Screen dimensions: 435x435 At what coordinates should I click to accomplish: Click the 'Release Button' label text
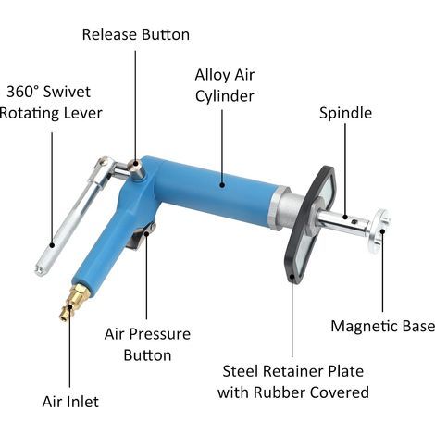[136, 34]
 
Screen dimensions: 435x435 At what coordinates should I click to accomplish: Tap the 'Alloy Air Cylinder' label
[225, 85]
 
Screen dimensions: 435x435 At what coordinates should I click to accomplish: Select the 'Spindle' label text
[345, 113]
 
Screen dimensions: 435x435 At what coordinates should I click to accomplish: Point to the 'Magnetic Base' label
[382, 326]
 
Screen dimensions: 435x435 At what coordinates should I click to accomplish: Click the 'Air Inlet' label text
[70, 402]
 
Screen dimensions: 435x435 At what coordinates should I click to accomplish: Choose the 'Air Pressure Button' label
[147, 344]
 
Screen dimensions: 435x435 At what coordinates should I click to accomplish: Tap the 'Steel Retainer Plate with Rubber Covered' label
[293, 381]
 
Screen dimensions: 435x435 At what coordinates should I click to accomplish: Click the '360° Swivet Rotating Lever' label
[51, 103]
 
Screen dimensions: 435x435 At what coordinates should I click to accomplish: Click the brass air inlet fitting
[73, 302]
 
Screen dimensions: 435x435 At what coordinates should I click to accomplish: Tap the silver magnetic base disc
[379, 230]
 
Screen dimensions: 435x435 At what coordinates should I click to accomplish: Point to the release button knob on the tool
[136, 169]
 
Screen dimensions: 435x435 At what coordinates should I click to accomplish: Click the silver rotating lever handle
[71, 216]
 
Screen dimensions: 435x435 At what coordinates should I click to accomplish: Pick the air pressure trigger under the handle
[141, 236]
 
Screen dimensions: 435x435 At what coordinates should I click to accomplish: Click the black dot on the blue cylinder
[222, 185]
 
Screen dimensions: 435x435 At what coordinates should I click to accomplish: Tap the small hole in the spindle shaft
[355, 221]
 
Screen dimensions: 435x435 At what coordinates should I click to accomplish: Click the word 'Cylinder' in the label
[225, 96]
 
